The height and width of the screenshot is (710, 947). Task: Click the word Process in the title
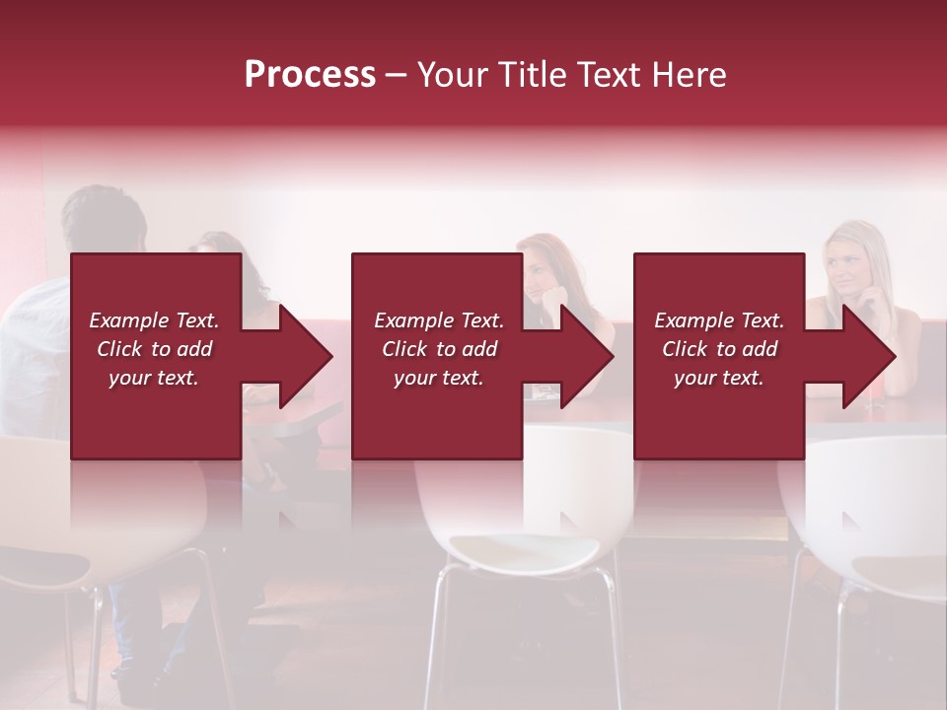[x=310, y=75]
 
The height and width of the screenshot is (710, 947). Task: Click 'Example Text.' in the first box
[x=155, y=320]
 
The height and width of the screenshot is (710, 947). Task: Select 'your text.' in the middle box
[x=439, y=378]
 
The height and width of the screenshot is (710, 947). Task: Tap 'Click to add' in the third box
[x=719, y=349]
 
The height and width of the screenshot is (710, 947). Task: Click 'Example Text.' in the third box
[x=719, y=320]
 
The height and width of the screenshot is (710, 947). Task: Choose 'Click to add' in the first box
[x=155, y=349]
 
